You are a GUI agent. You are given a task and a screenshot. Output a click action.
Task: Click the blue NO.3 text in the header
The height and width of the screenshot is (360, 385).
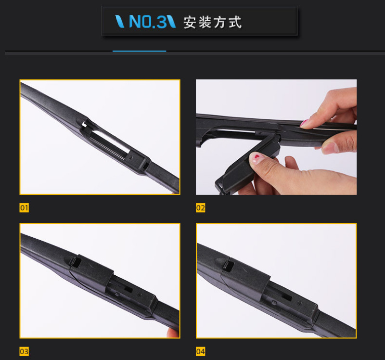[x=148, y=22]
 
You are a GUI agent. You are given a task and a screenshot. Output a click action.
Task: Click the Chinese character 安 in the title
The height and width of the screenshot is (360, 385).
[x=190, y=22]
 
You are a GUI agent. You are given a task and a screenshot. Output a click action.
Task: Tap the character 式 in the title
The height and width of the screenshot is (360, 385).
[x=235, y=22]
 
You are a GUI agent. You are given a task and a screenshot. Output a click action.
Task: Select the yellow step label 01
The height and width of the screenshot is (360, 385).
[x=24, y=208]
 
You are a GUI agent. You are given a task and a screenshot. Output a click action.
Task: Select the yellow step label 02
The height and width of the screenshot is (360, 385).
[x=200, y=208]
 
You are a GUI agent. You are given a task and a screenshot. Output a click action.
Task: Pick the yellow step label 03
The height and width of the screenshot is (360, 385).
[x=24, y=351]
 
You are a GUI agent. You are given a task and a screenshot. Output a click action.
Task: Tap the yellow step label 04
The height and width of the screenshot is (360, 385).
[x=200, y=351]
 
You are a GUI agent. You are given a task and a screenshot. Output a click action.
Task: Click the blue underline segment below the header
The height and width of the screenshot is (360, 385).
[x=140, y=51]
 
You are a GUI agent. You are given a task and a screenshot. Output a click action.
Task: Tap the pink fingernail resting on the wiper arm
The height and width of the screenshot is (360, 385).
[x=305, y=123]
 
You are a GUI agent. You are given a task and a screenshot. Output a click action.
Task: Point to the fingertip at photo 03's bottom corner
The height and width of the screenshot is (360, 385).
[x=173, y=333]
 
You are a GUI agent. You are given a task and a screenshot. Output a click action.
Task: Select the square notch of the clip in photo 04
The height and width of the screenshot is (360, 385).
[x=228, y=266]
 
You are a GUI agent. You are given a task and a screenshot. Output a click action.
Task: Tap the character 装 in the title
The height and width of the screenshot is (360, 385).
[x=205, y=22]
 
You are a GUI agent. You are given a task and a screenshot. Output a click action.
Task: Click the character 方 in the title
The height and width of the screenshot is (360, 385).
[x=220, y=22]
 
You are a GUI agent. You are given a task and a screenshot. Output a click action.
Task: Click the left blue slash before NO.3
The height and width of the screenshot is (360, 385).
[x=120, y=21]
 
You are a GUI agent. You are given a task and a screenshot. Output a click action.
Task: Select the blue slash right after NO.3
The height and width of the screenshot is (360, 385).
[x=171, y=21]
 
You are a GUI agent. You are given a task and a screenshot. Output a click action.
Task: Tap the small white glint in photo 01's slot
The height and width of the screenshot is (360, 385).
[x=84, y=125]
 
